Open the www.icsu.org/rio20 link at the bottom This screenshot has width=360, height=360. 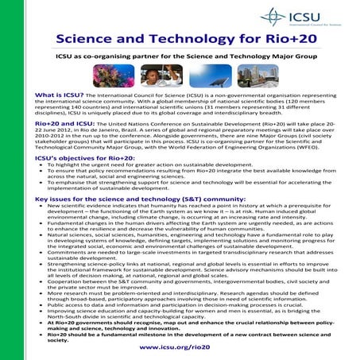[180, 347]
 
